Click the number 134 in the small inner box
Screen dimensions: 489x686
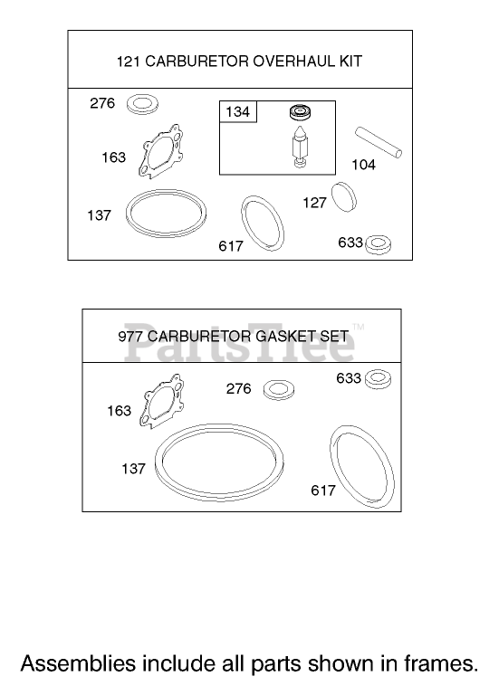coord(238,112)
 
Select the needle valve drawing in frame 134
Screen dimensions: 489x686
coord(301,147)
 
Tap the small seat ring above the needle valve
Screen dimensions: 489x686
coord(300,112)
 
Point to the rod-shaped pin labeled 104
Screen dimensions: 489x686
coord(379,142)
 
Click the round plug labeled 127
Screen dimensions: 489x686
coord(343,197)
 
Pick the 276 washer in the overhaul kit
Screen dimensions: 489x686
coord(142,105)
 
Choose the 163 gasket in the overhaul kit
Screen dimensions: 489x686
coord(160,151)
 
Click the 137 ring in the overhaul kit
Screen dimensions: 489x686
coord(166,213)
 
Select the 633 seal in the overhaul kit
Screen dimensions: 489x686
coord(379,244)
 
